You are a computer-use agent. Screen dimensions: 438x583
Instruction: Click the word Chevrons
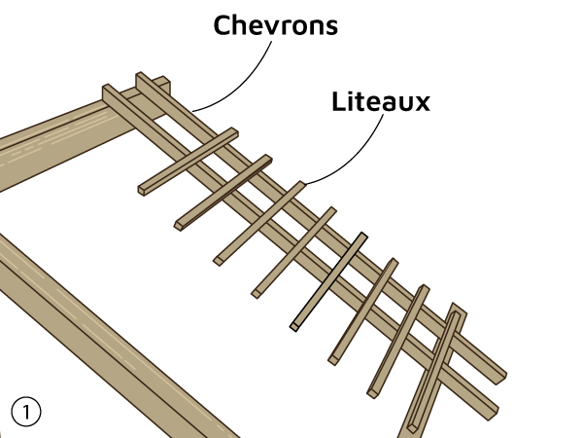pyautogui.click(x=276, y=26)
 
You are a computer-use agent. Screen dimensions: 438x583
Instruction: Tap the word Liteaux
pyautogui.click(x=380, y=101)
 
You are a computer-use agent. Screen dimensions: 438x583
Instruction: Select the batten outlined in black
pyautogui.click(x=328, y=280)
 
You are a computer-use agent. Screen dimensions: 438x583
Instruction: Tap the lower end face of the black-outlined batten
pyautogui.click(x=293, y=326)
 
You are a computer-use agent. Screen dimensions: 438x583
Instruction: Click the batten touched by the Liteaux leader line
pyautogui.click(x=258, y=222)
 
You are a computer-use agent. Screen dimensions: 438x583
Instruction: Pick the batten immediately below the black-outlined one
pyautogui.click(x=363, y=310)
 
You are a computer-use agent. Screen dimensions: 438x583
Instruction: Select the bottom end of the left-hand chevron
pyautogui.click(x=490, y=410)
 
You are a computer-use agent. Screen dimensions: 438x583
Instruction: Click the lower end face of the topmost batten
pyautogui.click(x=143, y=191)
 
